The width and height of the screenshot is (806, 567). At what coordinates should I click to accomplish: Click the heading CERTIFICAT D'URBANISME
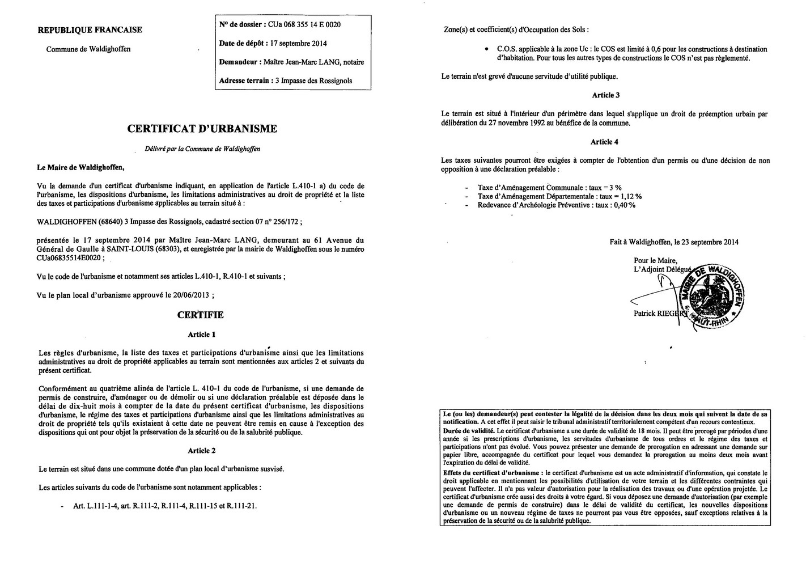(x=202, y=129)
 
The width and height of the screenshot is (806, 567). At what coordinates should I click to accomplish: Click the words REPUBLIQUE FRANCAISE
(x=90, y=30)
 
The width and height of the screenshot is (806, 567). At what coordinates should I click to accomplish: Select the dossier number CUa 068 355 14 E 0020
(x=304, y=25)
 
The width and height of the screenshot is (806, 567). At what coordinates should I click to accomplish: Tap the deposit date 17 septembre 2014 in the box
(x=299, y=44)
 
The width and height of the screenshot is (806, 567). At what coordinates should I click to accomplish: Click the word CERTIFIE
(x=200, y=315)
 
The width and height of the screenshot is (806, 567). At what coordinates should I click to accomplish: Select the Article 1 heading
(x=201, y=335)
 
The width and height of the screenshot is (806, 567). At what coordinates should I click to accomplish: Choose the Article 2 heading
(x=201, y=451)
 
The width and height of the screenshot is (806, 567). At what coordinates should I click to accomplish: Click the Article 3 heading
(x=605, y=95)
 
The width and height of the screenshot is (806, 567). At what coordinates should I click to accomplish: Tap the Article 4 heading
(x=605, y=142)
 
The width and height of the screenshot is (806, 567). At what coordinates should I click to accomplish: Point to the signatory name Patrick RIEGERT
(x=660, y=313)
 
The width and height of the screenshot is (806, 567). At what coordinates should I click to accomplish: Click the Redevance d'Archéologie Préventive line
(x=556, y=205)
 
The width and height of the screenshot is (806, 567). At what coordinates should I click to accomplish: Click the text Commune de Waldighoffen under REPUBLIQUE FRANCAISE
(x=88, y=49)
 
